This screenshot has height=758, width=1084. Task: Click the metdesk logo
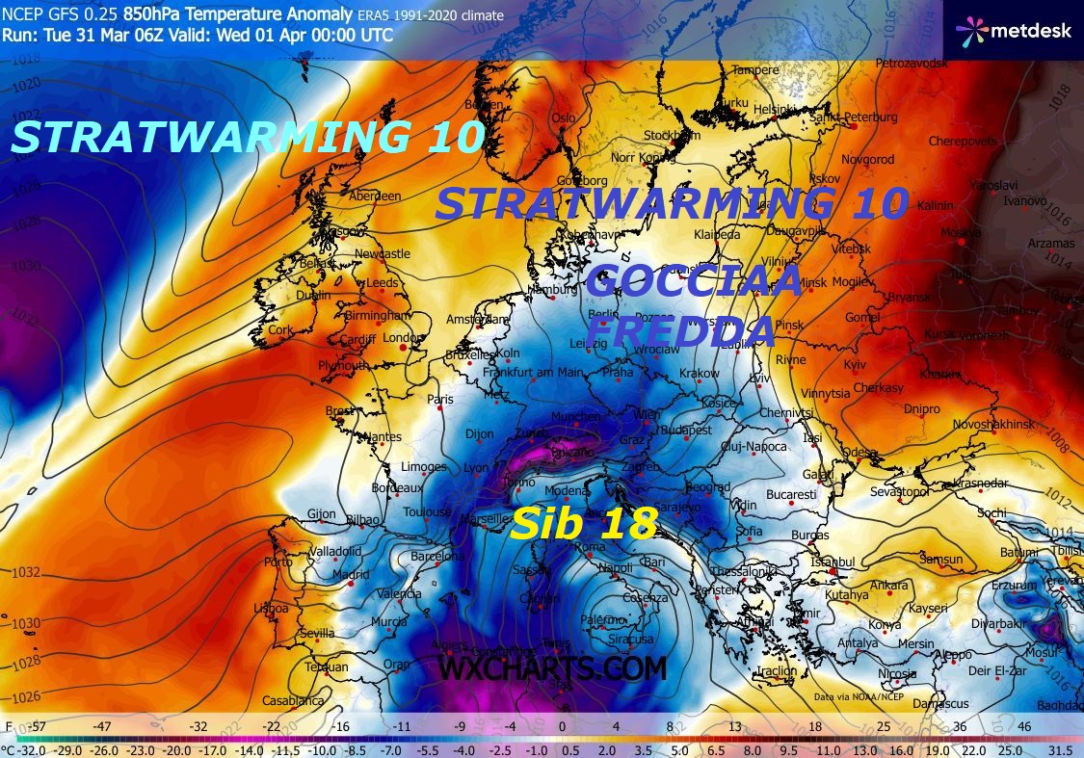click(x=1011, y=30)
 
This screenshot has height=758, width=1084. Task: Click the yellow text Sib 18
click(x=584, y=524)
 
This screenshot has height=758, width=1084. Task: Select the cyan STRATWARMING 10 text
click(x=247, y=137)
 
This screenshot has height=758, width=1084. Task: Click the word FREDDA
click(x=682, y=331)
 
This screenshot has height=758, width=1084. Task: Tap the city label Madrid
click(x=350, y=575)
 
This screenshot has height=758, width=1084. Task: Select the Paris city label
click(x=440, y=399)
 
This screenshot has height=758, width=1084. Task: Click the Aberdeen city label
click(x=375, y=196)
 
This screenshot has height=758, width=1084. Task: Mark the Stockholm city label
click(x=665, y=135)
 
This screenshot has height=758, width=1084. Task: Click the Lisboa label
click(x=271, y=609)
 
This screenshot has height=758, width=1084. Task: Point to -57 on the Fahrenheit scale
click(x=40, y=726)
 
